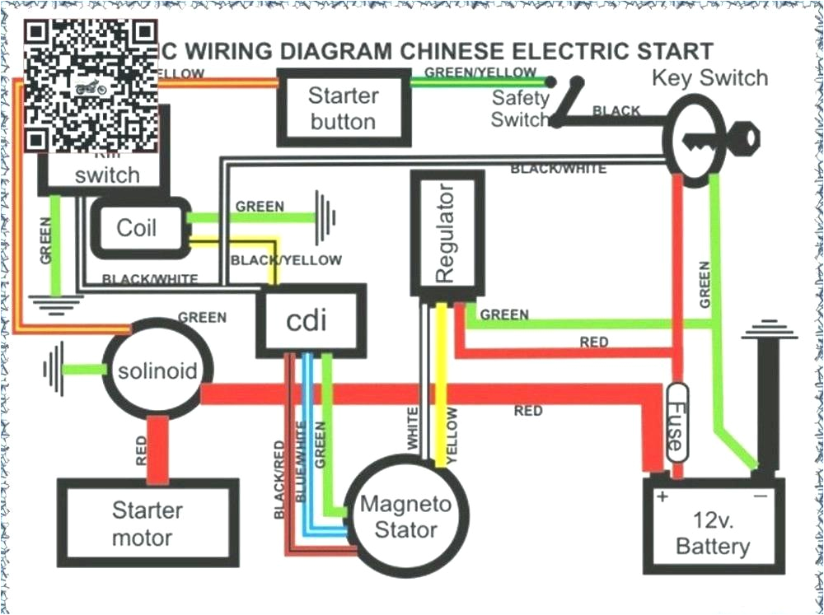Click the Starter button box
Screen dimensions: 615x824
pos(343,109)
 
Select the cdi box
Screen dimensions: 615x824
pos(311,321)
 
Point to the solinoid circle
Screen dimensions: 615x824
pos(157,370)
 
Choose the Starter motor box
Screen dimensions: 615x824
pos(147,524)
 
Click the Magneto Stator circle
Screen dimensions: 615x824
pos(405,517)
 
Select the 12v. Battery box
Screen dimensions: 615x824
pos(713,527)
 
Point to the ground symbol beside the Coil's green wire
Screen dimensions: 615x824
pos(326,217)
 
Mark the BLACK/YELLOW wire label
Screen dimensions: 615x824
pos(286,260)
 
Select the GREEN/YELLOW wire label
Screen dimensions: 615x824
pos(480,72)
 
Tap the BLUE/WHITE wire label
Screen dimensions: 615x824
pos(301,461)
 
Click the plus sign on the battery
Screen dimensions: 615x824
pos(660,497)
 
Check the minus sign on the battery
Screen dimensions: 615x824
pos(760,497)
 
